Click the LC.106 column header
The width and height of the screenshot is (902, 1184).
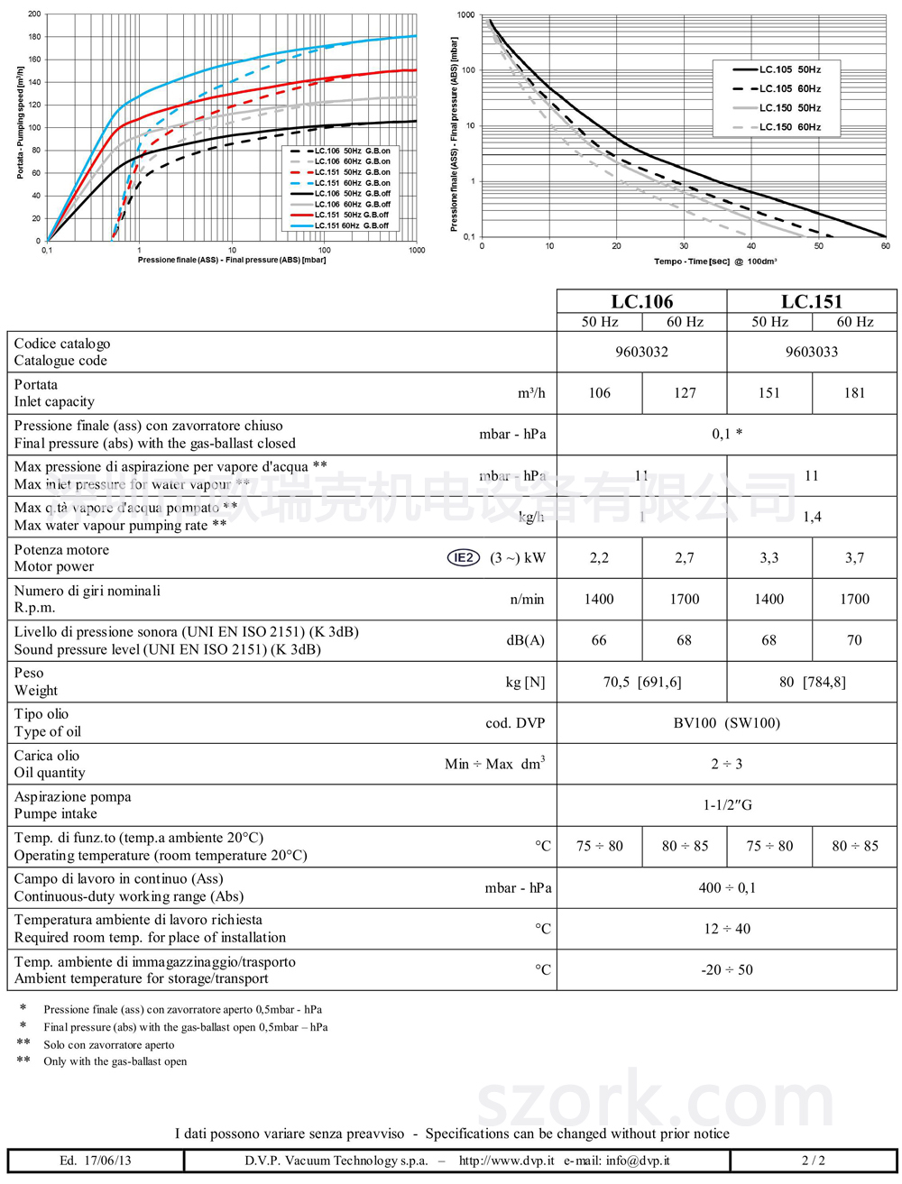click(641, 301)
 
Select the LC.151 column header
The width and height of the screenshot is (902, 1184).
click(811, 301)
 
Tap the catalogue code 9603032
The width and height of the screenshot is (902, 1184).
click(641, 352)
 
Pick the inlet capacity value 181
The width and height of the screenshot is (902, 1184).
click(854, 393)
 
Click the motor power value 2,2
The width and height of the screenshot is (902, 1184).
click(599, 558)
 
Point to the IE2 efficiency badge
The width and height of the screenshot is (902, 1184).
click(464, 557)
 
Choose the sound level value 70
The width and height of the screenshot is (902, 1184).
click(854, 640)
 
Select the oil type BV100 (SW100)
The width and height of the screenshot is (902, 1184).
click(726, 723)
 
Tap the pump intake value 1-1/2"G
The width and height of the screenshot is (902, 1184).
click(726, 805)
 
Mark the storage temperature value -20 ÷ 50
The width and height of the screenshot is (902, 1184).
click(726, 970)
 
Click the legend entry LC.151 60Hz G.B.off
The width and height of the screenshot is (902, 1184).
click(352, 225)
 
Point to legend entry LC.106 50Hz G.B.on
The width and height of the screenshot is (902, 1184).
click(352, 151)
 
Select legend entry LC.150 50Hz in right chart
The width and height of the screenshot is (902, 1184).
click(789, 108)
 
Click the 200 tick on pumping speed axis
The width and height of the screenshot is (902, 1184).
click(34, 14)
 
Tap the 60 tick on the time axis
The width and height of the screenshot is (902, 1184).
click(885, 246)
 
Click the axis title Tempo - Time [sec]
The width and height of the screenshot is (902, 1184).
click(692, 262)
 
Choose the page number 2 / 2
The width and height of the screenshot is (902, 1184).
click(813, 1161)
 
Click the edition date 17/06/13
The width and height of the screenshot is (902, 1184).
click(107, 1161)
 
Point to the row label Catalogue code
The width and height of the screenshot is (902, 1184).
click(60, 361)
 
